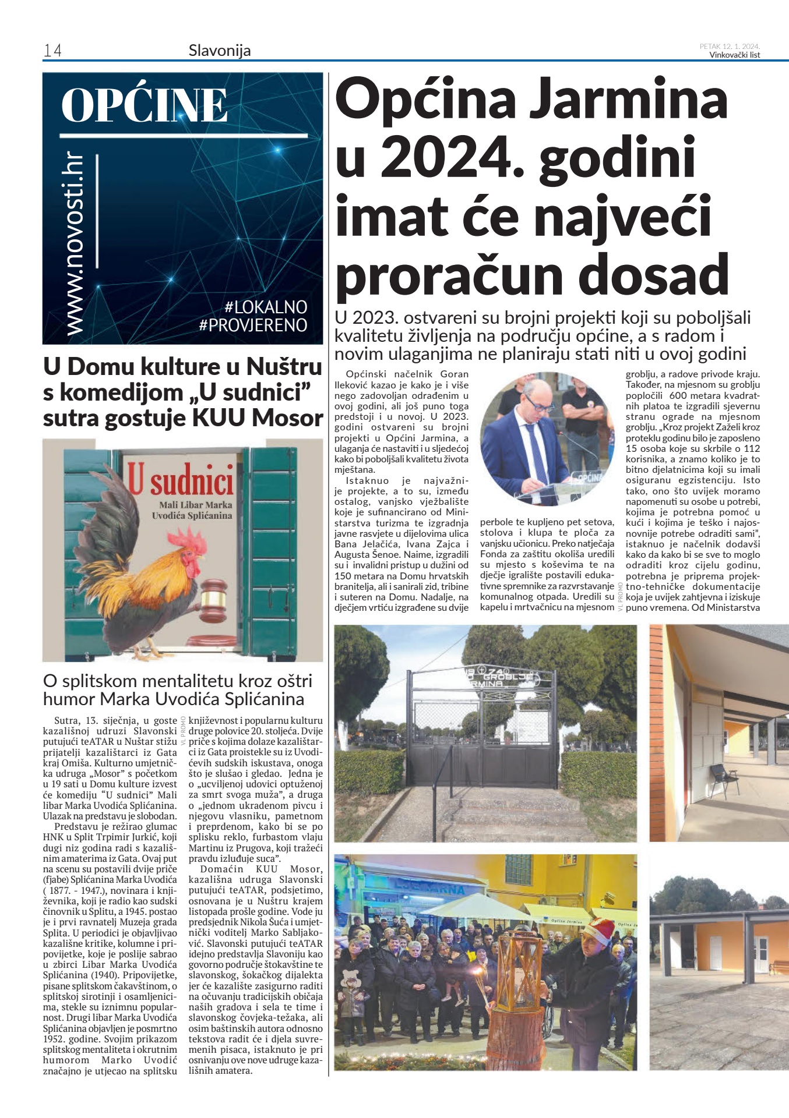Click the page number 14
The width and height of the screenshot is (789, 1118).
(52, 51)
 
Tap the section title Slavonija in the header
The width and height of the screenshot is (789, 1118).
(220, 51)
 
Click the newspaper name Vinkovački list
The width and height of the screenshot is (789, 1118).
(734, 55)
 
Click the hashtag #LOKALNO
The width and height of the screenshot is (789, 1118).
(266, 307)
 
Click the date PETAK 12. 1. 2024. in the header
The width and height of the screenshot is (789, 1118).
(730, 47)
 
